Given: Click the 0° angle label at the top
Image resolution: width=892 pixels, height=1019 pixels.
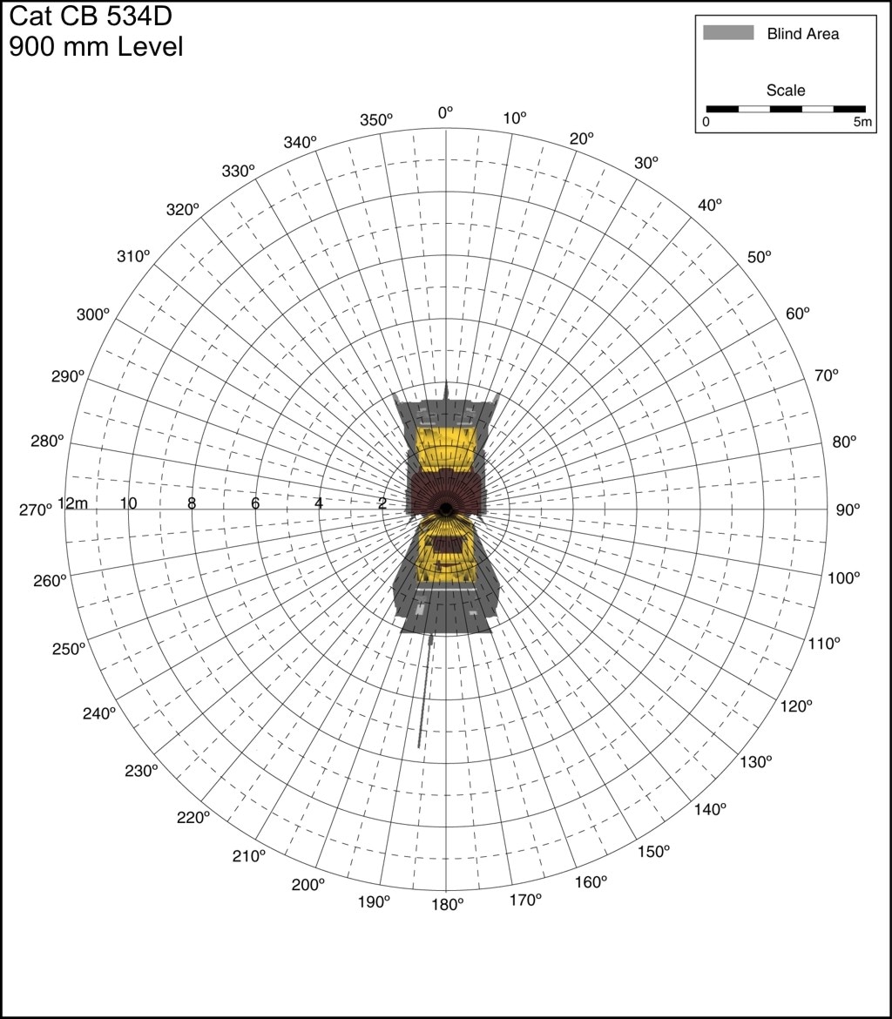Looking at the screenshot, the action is point(445,113).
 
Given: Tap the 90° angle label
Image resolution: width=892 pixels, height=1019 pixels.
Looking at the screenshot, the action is point(848,510).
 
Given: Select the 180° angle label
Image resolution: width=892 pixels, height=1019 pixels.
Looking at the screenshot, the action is point(447,905).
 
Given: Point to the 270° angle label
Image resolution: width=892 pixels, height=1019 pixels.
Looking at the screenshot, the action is point(35,510).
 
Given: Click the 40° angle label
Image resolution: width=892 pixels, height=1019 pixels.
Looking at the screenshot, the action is point(710,205).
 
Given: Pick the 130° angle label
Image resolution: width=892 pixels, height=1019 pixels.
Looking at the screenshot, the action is point(755,762).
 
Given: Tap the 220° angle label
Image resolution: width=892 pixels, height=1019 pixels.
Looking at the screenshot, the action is point(193,817).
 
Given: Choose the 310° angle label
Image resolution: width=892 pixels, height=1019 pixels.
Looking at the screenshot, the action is point(133,257).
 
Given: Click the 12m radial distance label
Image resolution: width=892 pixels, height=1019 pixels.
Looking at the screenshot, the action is point(73,503).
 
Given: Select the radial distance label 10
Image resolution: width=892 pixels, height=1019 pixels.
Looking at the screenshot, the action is point(128,503).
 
